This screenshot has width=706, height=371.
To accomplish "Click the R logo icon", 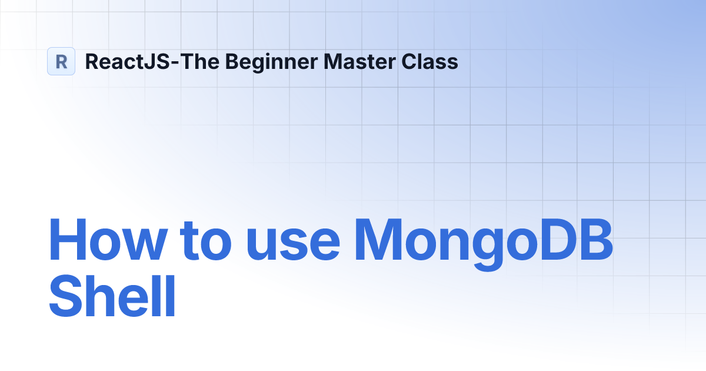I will coord(61,61).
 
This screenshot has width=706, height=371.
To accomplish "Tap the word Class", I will coord(431,61).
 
